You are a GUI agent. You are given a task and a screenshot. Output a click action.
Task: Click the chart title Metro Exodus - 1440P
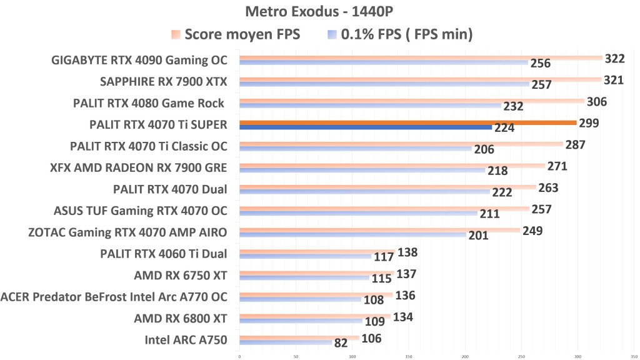pyautogui.click(x=319, y=12)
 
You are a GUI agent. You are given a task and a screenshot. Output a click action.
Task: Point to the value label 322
pyautogui.click(x=615, y=59)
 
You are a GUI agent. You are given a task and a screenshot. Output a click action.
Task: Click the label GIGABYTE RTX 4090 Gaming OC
pyautogui.click(x=139, y=61)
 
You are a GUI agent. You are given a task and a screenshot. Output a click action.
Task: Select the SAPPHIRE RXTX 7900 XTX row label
pyautogui.click(x=164, y=82)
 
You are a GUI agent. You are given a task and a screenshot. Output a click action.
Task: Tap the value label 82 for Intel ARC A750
pyautogui.click(x=341, y=343)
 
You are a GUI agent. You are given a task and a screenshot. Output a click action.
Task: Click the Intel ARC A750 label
pyautogui.click(x=186, y=340)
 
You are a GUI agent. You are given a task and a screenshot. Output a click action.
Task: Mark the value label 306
pyautogui.click(x=596, y=102)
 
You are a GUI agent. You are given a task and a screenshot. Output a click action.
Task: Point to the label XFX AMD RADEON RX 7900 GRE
pyautogui.click(x=138, y=167)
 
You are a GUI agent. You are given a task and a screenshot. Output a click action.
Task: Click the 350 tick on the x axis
pyautogui.click(x=634, y=356)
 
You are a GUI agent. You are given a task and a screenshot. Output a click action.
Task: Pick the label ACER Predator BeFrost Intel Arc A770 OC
pyautogui.click(x=114, y=297)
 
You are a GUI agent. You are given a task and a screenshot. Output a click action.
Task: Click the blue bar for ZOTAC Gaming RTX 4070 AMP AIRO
pyautogui.click(x=352, y=235)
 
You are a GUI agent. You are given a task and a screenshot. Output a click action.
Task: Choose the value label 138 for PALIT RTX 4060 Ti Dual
pyautogui.click(x=407, y=252)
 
